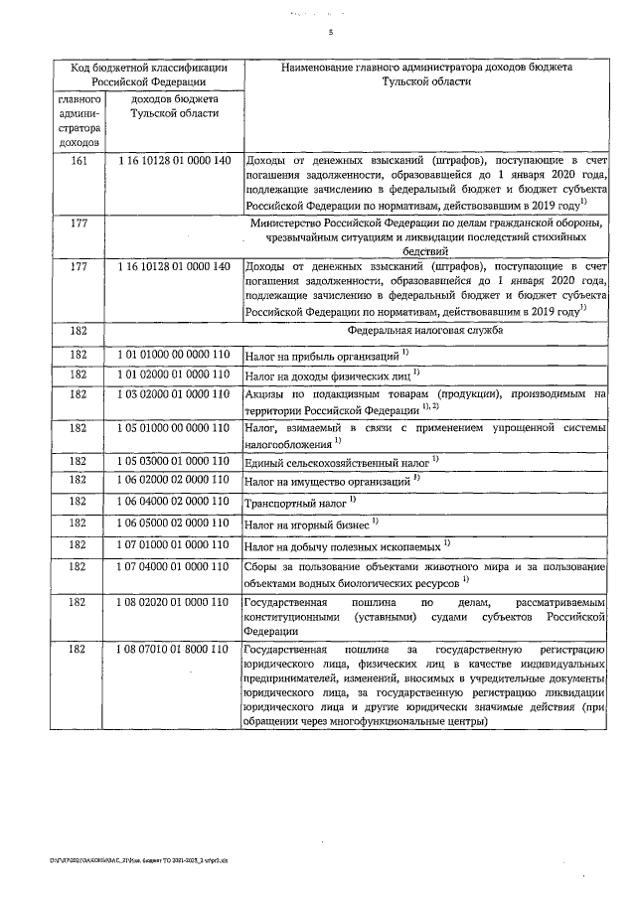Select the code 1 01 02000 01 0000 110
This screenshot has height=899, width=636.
[174, 374]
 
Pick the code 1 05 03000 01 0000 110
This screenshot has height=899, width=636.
[174, 460]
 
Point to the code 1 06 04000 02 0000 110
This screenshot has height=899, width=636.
[174, 502]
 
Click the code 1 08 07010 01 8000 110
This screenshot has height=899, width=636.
[174, 649]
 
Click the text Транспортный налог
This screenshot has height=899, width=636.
[292, 504]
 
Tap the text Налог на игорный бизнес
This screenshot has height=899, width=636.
[308, 524]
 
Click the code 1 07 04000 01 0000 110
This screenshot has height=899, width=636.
[174, 566]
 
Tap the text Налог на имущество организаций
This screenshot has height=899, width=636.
[327, 482]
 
